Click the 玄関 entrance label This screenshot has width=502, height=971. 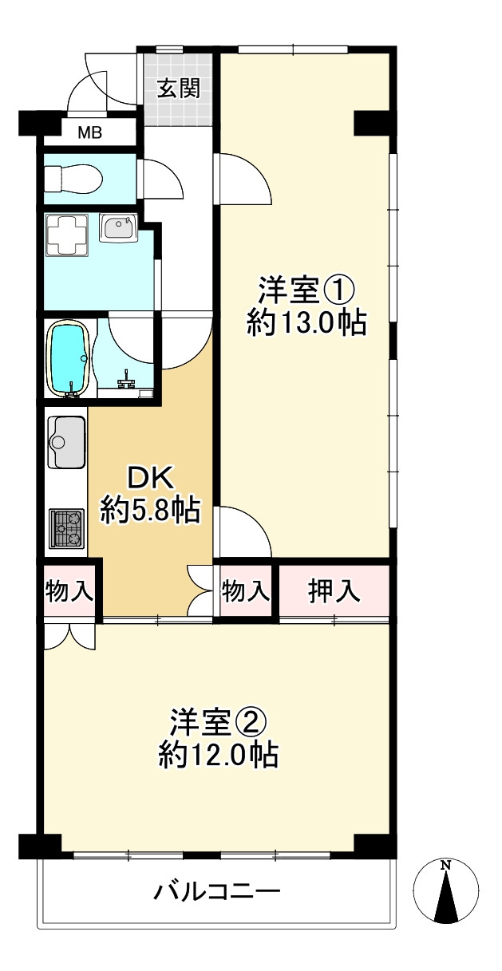[177, 88]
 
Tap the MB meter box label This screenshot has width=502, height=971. [89, 132]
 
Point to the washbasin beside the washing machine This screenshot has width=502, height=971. [118, 228]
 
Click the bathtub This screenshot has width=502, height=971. [69, 358]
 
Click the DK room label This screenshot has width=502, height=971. [150, 478]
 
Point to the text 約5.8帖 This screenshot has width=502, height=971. [150, 509]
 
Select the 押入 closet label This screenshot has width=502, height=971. [334, 591]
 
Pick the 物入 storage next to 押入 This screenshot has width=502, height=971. [246, 591]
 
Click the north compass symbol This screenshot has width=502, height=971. [447, 891]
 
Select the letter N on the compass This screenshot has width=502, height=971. [447, 865]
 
